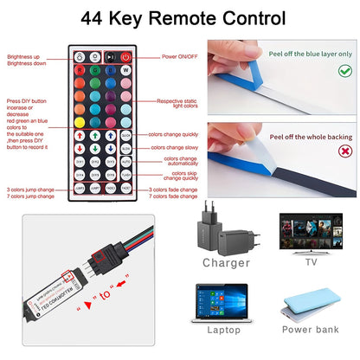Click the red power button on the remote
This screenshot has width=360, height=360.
(x=125, y=56)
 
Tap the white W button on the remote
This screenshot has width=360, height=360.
(x=125, y=73)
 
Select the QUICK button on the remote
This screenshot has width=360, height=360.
(x=125, y=135)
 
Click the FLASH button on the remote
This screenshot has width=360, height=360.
(x=125, y=173)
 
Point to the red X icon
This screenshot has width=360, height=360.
(x=343, y=162)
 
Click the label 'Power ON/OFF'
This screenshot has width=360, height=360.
(x=181, y=56)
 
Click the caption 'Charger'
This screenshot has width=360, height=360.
(x=226, y=262)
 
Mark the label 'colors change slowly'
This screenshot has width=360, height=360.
(x=176, y=148)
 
